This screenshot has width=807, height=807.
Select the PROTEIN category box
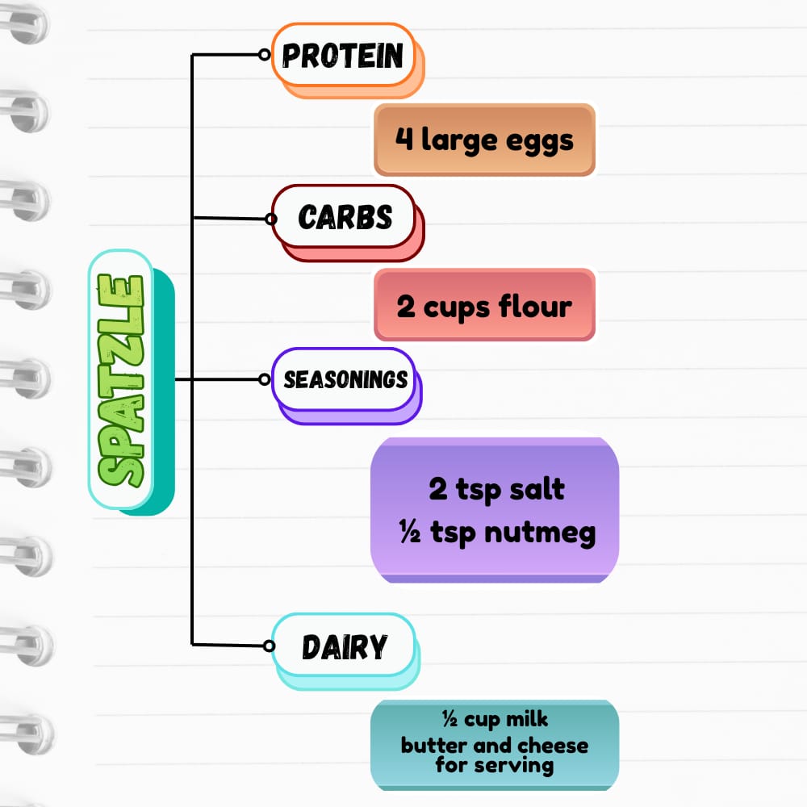[x=343, y=55]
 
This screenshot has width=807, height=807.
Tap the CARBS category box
[x=345, y=216]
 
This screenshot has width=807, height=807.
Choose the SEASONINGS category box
[x=345, y=379]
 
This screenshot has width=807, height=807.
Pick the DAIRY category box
[x=345, y=646]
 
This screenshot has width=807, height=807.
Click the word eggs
[x=539, y=140]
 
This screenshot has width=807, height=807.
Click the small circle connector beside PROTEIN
[x=264, y=55]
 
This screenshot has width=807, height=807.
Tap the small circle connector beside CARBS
[x=271, y=218]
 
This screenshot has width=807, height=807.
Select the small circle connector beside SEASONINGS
[x=265, y=378]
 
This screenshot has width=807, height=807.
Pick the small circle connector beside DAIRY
[x=270, y=645]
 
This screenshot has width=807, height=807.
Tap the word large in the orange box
[x=457, y=140]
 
